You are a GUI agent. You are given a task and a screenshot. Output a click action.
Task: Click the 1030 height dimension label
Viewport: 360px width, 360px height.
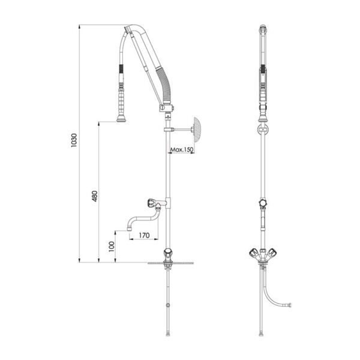pos(74,140)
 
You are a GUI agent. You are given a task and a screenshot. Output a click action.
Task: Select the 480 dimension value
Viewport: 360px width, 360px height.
pos(95,196)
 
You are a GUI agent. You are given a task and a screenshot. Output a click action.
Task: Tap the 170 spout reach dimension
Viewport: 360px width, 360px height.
pos(144,235)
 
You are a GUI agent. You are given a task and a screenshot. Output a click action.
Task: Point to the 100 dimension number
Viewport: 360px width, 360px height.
pos(112,247)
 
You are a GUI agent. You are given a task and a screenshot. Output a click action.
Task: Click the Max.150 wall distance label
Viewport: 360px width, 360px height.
pos(181,149)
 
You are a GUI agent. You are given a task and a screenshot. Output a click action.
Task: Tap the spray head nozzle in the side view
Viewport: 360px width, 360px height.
pos(121,119)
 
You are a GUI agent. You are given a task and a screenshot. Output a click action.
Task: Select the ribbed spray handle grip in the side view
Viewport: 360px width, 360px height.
pos(121,101)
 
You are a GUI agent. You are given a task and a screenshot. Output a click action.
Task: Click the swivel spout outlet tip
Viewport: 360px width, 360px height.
pos(129,229)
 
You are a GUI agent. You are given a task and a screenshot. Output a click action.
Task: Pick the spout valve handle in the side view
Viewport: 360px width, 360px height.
pos(151,203)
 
